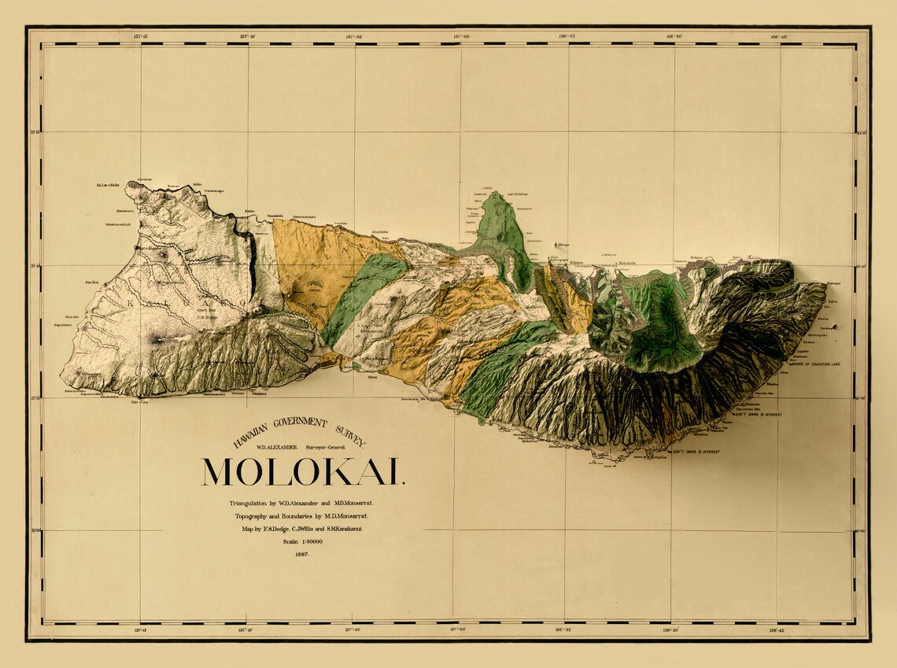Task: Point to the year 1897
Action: click(x=302, y=554)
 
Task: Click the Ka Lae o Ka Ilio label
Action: click(x=107, y=186)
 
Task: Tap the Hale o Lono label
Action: click(x=139, y=401)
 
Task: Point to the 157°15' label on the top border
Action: click(x=142, y=36)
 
